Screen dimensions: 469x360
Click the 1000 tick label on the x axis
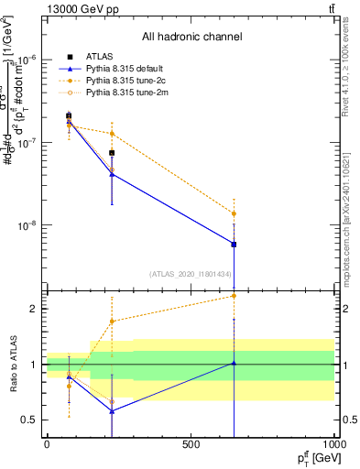tap(333, 445)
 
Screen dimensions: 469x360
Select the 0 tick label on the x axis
tap(47, 445)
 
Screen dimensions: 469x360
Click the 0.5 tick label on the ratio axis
tap(30, 420)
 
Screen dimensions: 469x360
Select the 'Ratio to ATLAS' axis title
tap(12, 365)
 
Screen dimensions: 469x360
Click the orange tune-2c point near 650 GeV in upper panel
tap(235, 213)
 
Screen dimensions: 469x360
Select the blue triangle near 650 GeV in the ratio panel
tap(235, 363)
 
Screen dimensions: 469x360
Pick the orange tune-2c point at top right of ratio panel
tap(235, 295)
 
